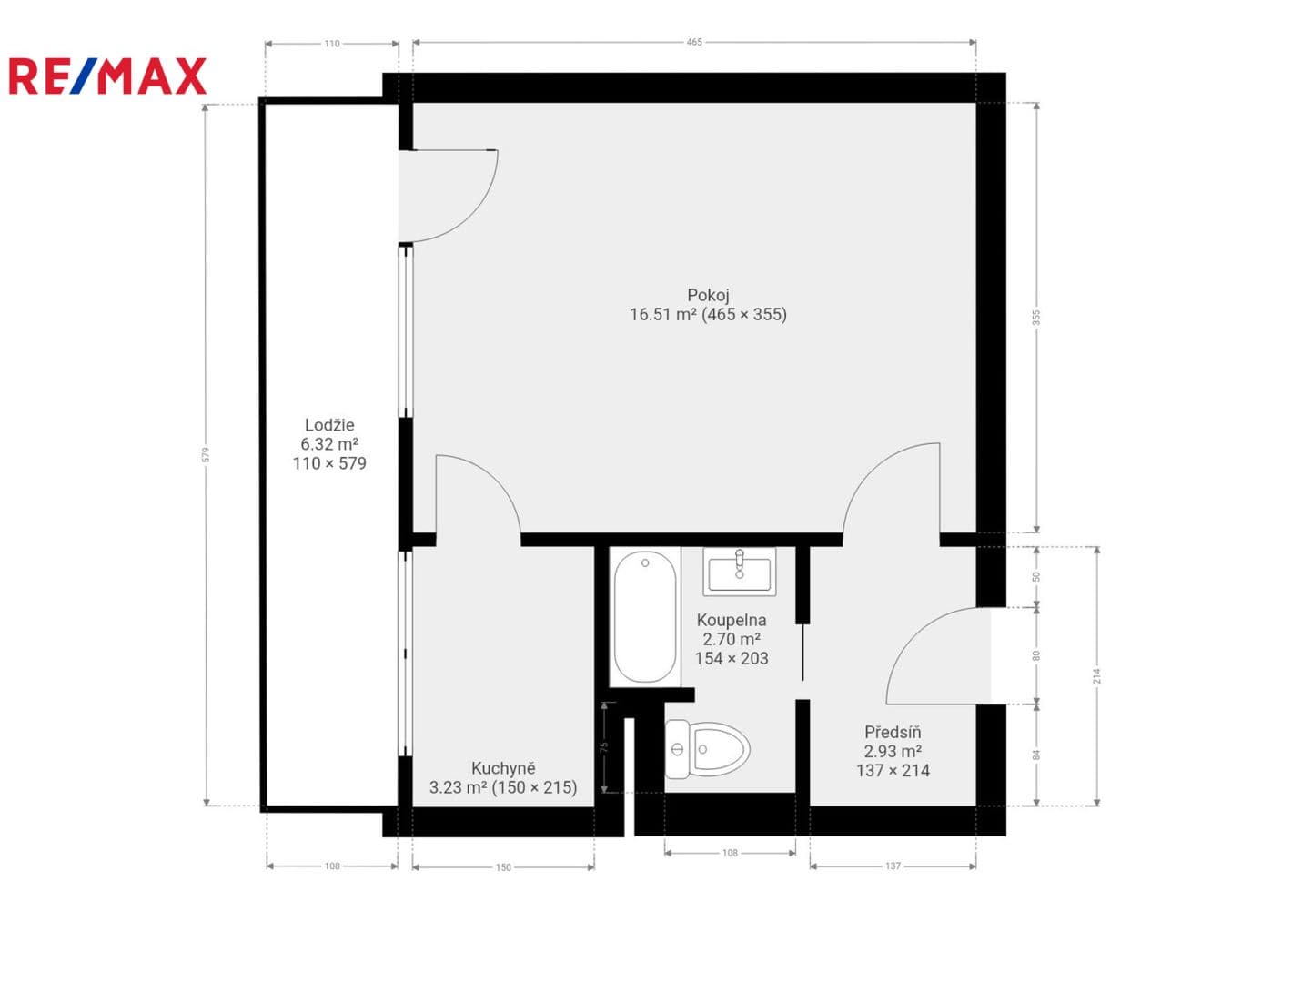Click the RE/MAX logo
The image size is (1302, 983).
click(107, 76)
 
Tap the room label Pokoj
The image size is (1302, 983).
click(708, 295)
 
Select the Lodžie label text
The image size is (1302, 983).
click(329, 425)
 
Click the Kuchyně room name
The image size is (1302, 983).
click(503, 768)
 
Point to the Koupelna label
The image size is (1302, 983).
click(732, 620)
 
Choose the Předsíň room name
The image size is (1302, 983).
click(893, 732)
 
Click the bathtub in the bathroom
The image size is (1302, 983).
click(645, 616)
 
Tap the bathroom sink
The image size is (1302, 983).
click(739, 572)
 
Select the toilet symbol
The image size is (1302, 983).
click(708, 749)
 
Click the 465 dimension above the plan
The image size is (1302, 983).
click(694, 42)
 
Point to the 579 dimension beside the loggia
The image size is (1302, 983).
click(206, 454)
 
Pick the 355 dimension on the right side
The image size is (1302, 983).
click(1036, 318)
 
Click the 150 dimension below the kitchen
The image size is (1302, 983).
click(503, 867)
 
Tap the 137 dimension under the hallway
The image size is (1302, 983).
click(893, 866)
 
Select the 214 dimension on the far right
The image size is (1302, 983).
click(1096, 675)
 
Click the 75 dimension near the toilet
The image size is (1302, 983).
click(604, 746)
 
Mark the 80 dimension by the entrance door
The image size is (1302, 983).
click(1036, 655)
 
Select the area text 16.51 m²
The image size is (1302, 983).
click(662, 314)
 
